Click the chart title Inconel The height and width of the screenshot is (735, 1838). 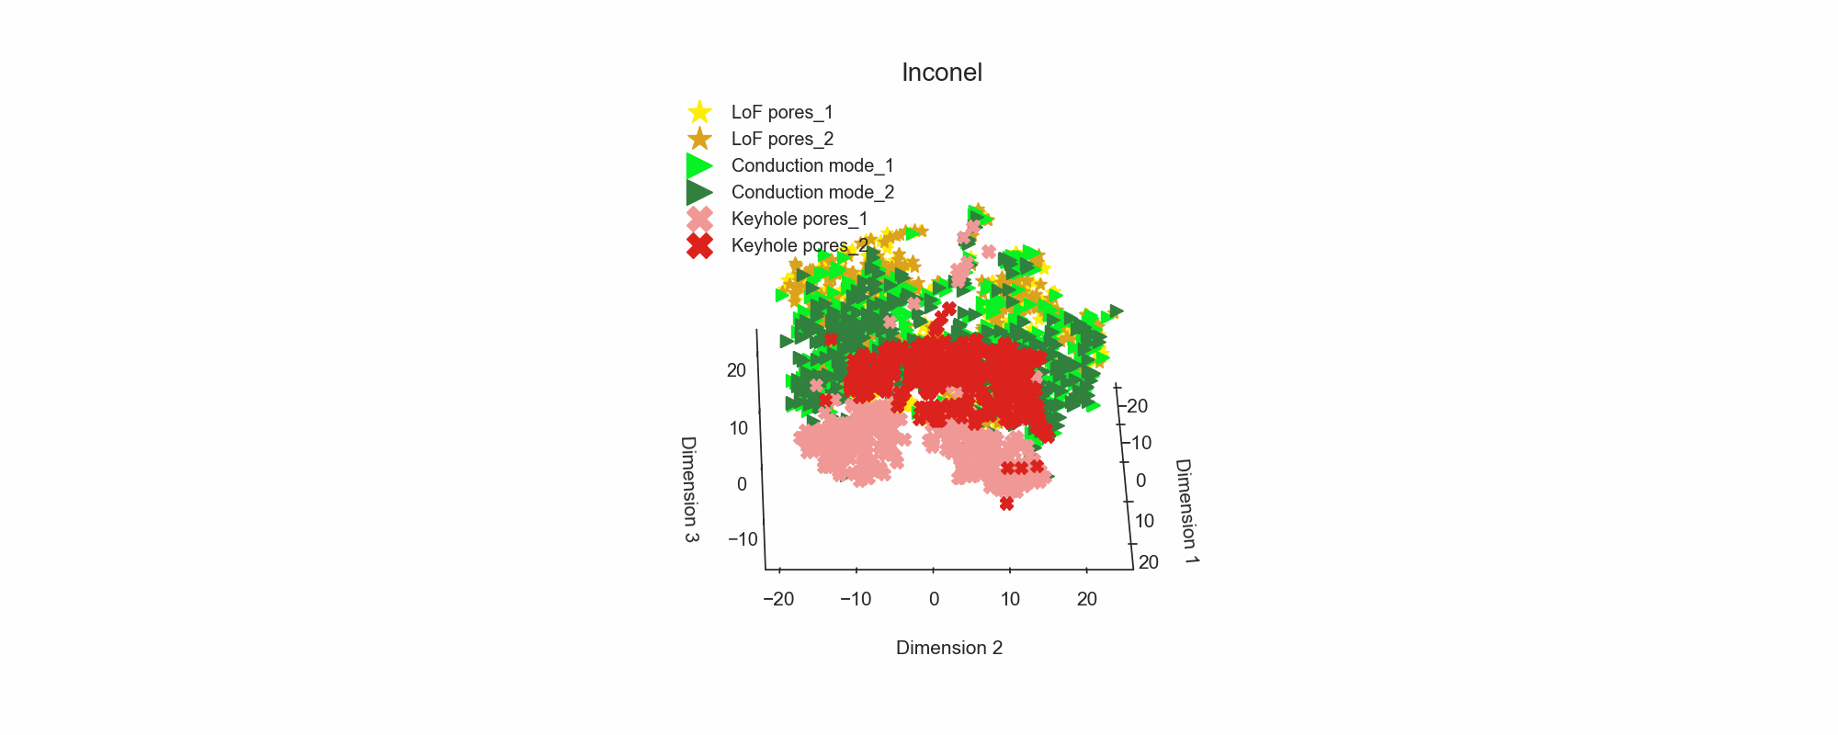point(942,73)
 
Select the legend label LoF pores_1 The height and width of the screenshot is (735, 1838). point(782,112)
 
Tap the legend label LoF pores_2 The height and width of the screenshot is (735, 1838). point(782,139)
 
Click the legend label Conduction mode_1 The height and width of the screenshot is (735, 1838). point(812,165)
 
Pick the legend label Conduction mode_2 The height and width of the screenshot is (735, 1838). point(812,192)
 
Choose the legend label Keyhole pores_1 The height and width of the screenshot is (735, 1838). point(800,219)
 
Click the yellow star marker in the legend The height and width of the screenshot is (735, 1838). point(699,112)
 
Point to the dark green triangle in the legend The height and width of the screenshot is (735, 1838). point(699,192)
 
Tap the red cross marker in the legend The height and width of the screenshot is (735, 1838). point(699,245)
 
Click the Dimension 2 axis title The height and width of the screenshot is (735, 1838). point(949,648)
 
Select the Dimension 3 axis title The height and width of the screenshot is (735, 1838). point(689,489)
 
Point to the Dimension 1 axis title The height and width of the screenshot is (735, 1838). point(1187,511)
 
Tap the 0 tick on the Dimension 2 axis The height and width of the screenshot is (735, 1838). point(934,599)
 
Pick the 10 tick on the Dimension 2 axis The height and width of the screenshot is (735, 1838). point(1010,599)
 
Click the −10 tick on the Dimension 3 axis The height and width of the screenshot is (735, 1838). point(743,539)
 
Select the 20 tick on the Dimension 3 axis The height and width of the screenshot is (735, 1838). point(737,370)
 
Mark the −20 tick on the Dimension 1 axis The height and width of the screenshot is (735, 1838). point(1136,406)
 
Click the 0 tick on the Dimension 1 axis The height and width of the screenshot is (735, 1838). point(1140,481)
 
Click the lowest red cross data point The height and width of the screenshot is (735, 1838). point(1006,503)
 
